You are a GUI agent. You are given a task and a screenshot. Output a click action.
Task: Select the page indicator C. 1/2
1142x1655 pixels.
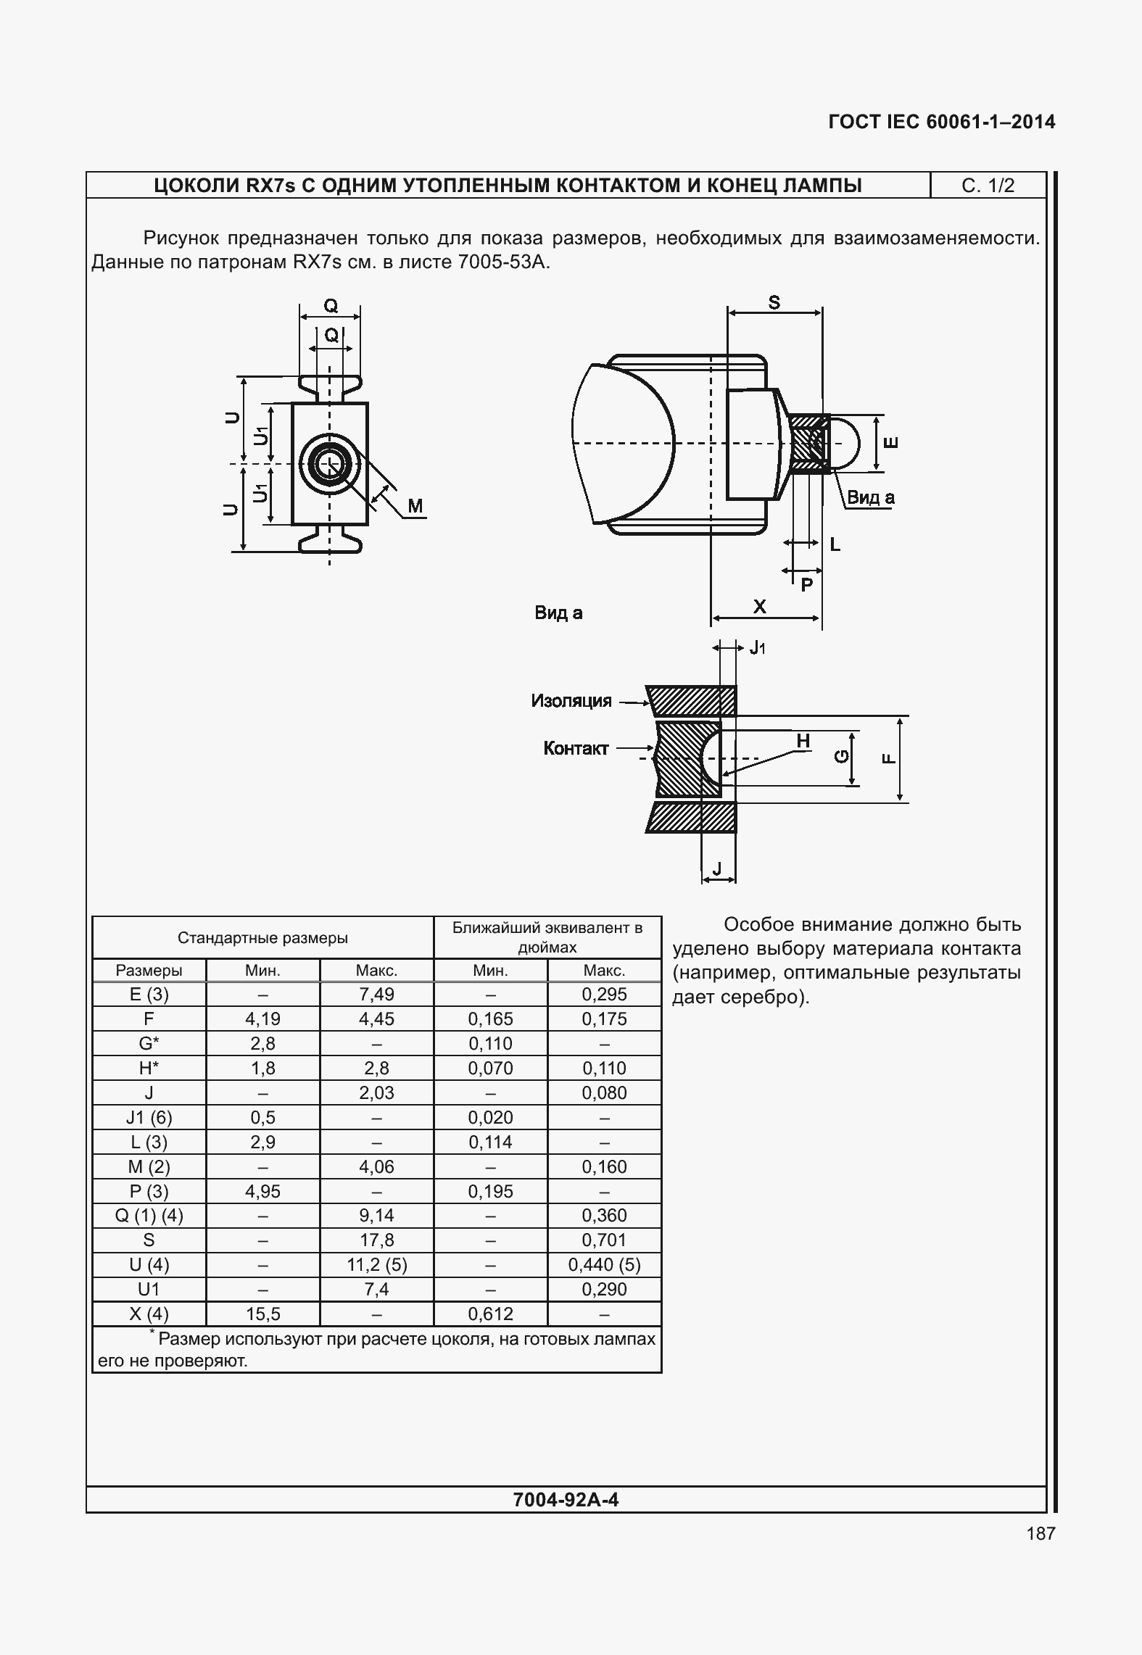point(988,186)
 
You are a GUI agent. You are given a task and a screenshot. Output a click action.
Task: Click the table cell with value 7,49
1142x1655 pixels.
point(376,995)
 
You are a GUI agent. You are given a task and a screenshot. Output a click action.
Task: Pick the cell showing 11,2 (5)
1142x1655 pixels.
point(376,1265)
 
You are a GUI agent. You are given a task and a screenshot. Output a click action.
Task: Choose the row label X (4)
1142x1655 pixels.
point(149,1314)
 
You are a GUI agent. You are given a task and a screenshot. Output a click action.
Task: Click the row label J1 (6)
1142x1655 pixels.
point(149,1117)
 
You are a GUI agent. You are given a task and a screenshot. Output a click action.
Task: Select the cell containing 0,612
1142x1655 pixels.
point(490,1314)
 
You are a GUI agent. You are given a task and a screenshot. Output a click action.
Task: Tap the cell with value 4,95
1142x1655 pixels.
point(262,1191)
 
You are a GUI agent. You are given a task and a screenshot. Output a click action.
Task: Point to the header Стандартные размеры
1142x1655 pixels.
point(262,938)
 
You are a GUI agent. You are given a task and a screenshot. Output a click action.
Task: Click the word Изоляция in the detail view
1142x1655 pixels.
point(571,701)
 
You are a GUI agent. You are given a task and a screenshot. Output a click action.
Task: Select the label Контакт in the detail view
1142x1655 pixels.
point(576,749)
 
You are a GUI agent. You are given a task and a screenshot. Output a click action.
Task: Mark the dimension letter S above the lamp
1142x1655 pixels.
point(774,303)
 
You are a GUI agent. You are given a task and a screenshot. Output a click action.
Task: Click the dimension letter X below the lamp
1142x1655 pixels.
point(759,607)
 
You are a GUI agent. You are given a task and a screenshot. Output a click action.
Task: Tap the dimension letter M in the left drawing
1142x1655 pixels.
point(415,506)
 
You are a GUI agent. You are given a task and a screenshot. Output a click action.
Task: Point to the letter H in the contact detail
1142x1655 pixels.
point(803,741)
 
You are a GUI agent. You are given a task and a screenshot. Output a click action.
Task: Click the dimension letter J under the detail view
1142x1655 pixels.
point(717,868)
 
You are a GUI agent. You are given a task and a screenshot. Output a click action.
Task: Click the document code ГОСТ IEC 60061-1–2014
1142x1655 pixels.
point(941,122)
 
